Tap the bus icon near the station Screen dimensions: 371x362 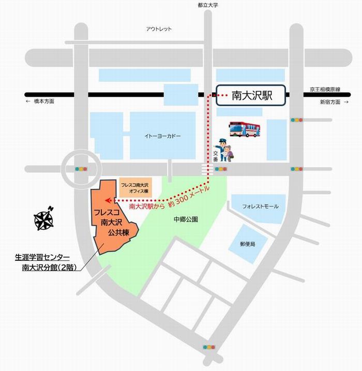point(245,129)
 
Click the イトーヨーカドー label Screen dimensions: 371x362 point(162,136)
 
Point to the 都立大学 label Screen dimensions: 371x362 point(207,5)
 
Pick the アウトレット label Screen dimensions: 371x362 point(158,29)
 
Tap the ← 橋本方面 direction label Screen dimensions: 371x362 point(40,102)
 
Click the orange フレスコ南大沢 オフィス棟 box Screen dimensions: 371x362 point(134,187)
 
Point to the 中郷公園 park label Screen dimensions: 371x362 point(186,219)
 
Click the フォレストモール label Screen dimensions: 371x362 point(260,206)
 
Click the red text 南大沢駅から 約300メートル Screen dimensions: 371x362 point(170,202)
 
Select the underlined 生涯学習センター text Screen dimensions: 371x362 point(42,257)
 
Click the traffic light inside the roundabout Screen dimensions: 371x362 point(81,169)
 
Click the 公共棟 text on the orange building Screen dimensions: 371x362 point(114,233)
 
